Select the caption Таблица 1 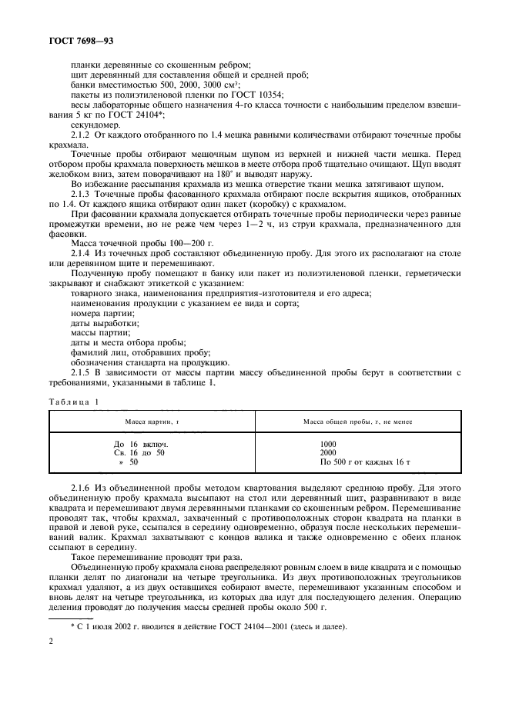pos(75,402)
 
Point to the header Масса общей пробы pos(357,422)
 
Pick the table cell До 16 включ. pos(141,445)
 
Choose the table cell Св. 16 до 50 pos(139,453)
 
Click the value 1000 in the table pos(329,445)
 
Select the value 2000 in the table pos(329,453)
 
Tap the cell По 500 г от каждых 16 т pos(361,462)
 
